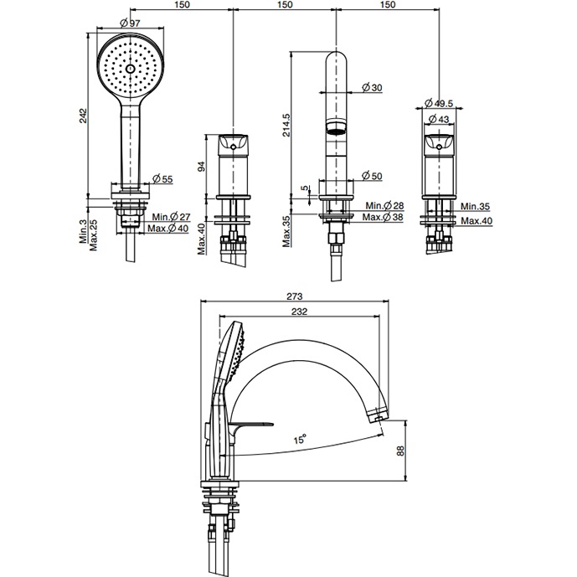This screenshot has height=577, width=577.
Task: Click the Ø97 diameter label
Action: point(130,22)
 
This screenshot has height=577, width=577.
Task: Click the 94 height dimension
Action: point(200,165)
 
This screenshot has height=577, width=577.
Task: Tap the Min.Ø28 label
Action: point(386,206)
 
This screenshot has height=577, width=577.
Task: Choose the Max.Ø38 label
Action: point(386,218)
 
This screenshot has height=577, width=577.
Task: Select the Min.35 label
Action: point(474,206)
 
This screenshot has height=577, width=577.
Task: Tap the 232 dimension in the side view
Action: point(301,312)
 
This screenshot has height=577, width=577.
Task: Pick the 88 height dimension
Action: point(401,451)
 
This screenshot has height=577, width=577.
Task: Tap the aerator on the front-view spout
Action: point(336,129)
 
